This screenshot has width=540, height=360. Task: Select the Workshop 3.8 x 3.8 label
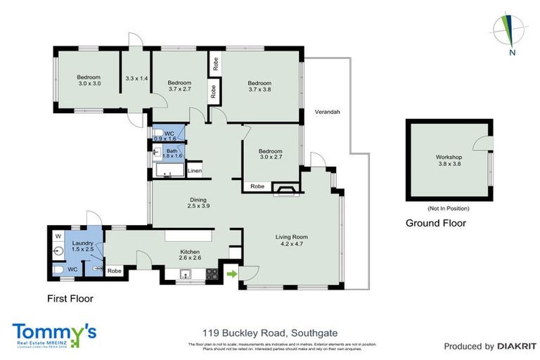(447, 160)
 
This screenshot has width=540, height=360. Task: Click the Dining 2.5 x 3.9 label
(199, 202)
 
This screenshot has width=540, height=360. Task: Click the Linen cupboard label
(195, 171)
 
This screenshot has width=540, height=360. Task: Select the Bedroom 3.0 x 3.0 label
(89, 80)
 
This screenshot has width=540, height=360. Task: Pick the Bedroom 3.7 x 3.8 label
(259, 86)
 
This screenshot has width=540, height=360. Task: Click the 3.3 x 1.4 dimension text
(136, 78)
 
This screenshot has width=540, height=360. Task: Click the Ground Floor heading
(436, 224)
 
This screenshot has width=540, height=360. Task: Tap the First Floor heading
(70, 298)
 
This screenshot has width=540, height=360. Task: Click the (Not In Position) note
(448, 209)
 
